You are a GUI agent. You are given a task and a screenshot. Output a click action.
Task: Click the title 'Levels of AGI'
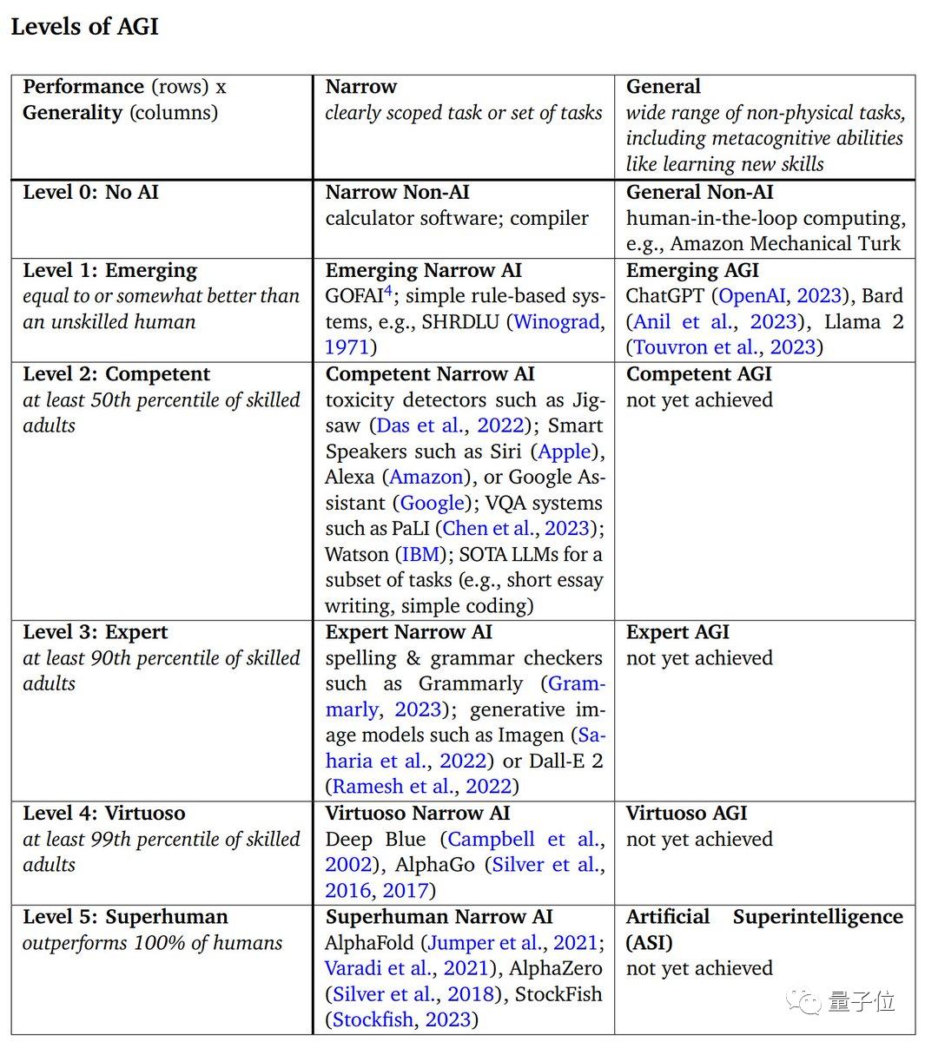(x=84, y=26)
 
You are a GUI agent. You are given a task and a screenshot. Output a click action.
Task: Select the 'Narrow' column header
(x=360, y=87)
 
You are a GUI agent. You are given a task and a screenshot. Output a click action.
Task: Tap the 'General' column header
(x=663, y=87)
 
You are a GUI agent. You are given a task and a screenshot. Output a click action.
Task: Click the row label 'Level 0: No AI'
(x=90, y=192)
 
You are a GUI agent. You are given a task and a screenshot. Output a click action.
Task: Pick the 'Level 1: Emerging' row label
(x=109, y=270)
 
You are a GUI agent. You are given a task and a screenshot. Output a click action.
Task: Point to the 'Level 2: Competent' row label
(x=116, y=374)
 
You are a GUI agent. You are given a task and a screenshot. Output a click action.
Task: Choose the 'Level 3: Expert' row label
(x=96, y=632)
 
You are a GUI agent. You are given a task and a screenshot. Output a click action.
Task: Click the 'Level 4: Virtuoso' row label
(x=104, y=814)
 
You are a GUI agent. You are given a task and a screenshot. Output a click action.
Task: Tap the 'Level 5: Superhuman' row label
(x=125, y=917)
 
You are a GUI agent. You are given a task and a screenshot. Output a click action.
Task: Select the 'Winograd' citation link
(x=557, y=322)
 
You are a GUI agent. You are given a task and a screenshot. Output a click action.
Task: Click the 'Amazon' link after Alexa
(x=426, y=477)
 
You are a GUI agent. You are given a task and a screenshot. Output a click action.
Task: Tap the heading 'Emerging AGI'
(x=692, y=270)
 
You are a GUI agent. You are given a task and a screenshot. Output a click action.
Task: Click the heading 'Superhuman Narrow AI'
(x=439, y=917)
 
